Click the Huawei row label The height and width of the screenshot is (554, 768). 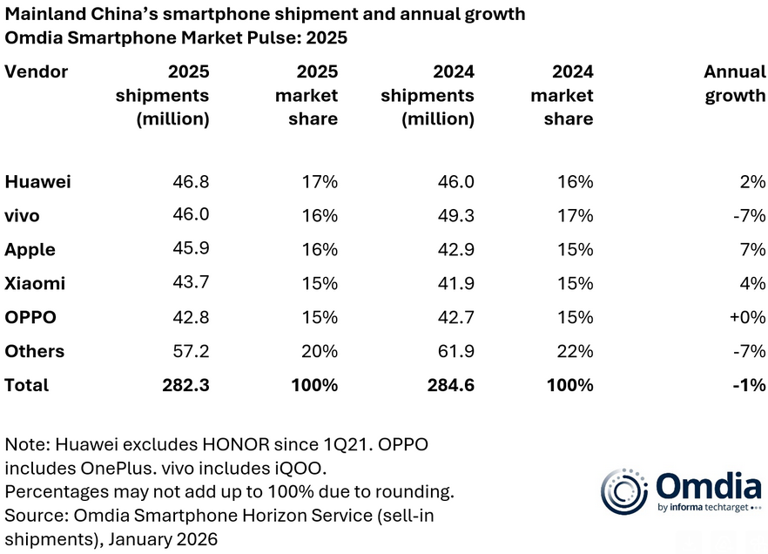37,182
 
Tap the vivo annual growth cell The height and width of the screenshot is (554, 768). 748,216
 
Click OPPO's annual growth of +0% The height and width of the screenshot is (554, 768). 746,318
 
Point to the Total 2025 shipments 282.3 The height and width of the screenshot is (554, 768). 184,385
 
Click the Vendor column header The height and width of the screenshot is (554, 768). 36,71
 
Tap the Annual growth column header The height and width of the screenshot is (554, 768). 734,84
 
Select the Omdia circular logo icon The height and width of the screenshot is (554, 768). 625,492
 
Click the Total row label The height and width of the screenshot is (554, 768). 27,385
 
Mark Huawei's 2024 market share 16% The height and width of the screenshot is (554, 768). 575,182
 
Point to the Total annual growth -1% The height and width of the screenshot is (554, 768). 748,385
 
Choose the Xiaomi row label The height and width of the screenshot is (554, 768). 35,284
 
